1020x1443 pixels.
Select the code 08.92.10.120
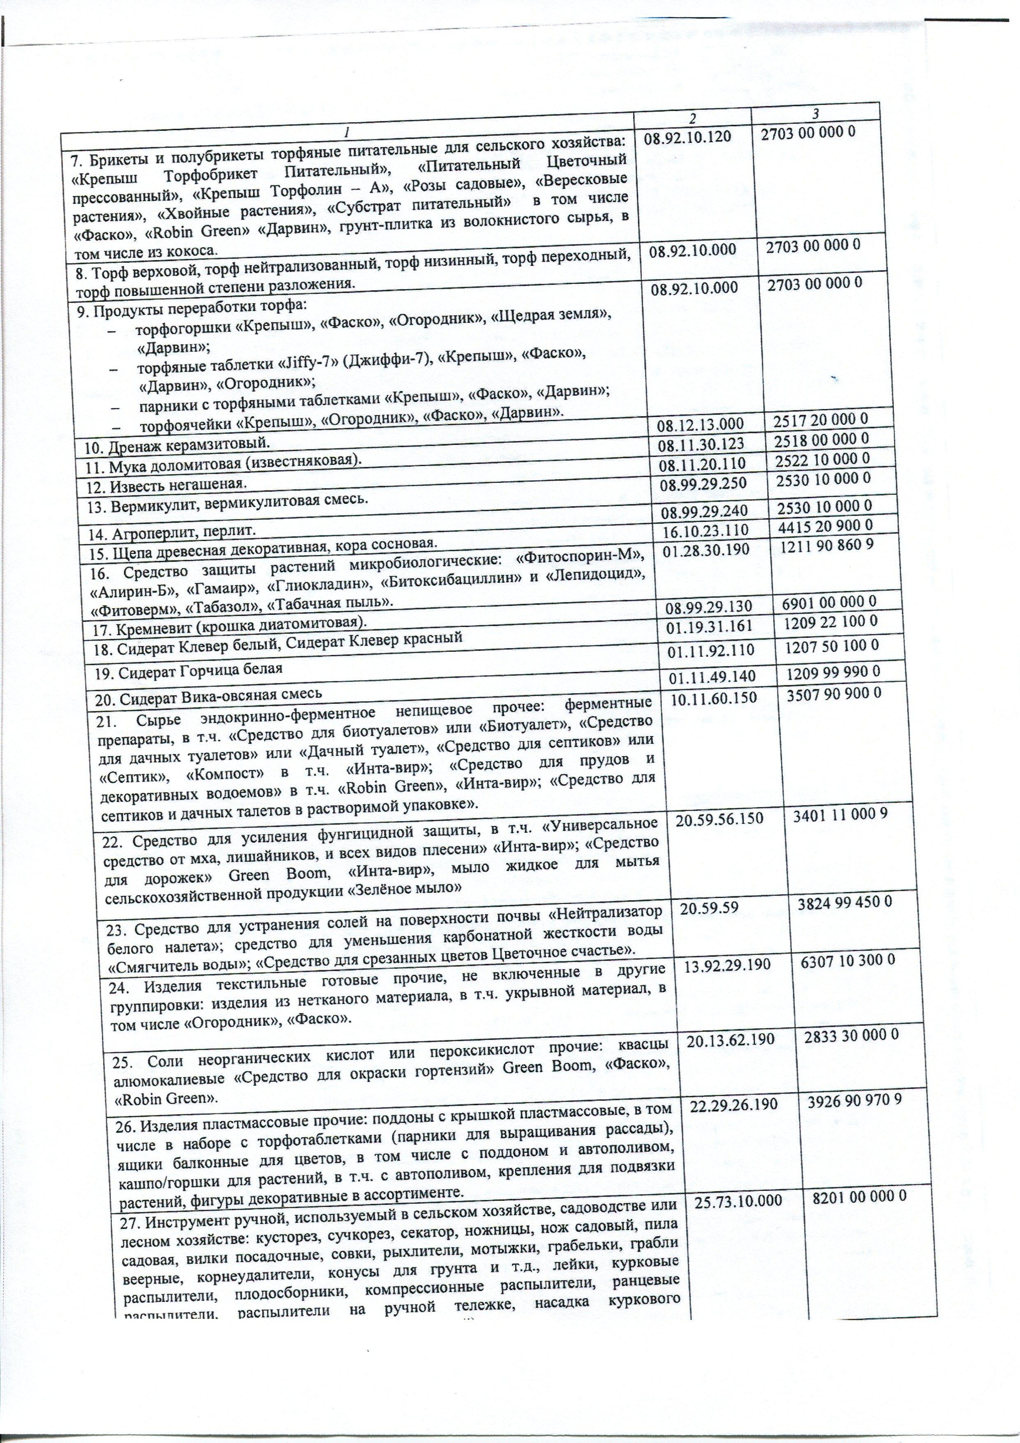tap(687, 134)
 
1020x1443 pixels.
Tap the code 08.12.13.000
tap(699, 426)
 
